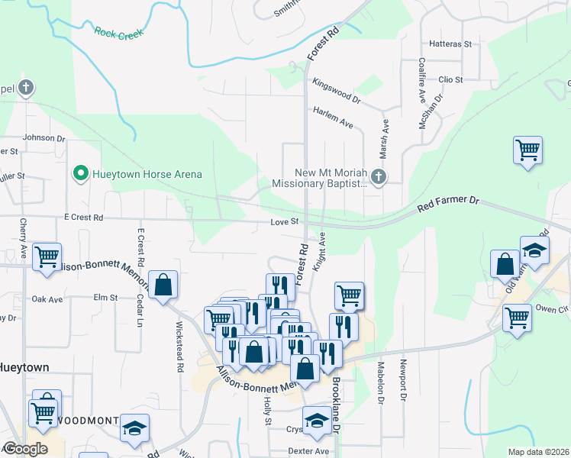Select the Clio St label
[450, 79]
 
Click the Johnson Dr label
[44, 137]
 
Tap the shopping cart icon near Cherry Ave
[47, 256]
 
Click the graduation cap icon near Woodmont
[135, 427]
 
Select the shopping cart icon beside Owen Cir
[517, 316]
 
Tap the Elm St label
[105, 297]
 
